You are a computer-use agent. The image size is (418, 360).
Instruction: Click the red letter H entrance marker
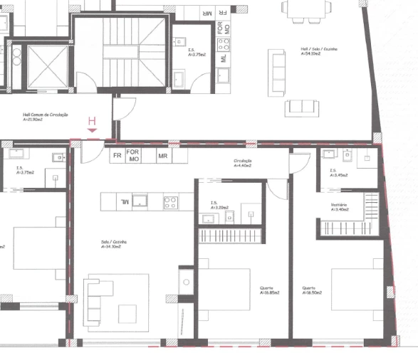coord(91,122)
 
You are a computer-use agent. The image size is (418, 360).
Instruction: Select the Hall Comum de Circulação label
coord(44,117)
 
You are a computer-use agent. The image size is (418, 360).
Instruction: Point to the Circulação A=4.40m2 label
coord(243,163)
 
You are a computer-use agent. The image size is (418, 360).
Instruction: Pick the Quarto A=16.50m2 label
coord(312,290)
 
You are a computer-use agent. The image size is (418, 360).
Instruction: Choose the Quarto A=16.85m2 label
coord(270,290)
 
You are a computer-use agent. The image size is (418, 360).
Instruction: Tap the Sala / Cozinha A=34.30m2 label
coord(114,244)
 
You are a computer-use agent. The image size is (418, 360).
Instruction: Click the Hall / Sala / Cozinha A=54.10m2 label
coord(319,51)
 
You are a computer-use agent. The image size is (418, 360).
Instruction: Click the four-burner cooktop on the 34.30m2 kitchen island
coord(170,201)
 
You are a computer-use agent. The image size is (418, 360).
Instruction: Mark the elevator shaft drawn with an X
coord(46,66)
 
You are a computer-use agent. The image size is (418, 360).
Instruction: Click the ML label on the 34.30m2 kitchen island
coord(125,202)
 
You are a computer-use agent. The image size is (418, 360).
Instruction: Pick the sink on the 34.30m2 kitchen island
coord(142,201)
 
